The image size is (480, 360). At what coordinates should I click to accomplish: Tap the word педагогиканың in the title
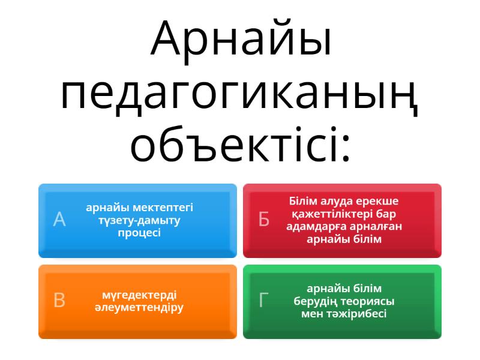tap(240, 94)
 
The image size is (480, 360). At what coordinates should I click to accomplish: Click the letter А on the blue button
tap(59, 220)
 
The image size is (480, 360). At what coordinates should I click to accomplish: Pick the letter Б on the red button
tap(264, 220)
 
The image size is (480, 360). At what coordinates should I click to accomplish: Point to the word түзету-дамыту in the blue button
tap(139, 220)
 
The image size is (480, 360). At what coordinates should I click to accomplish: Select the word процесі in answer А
tap(139, 233)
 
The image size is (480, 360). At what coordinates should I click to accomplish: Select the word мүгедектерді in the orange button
tap(139, 295)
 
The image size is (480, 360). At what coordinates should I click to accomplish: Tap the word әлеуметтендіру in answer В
tap(139, 307)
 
